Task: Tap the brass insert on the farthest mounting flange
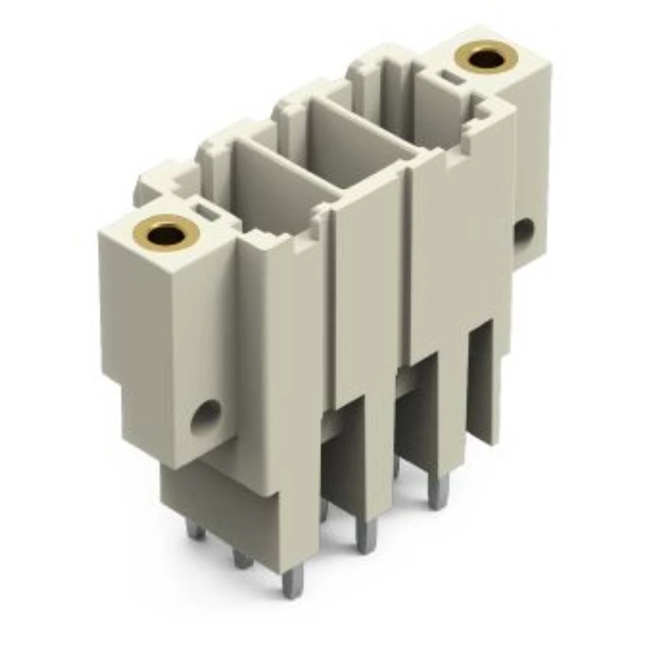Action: click(x=486, y=58)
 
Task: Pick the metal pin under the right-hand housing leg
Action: click(x=438, y=491)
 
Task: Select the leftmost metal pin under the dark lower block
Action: click(x=195, y=530)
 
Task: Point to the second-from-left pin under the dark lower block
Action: click(x=242, y=558)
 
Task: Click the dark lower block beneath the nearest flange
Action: click(x=214, y=507)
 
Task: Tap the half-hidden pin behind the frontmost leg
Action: click(x=324, y=510)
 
